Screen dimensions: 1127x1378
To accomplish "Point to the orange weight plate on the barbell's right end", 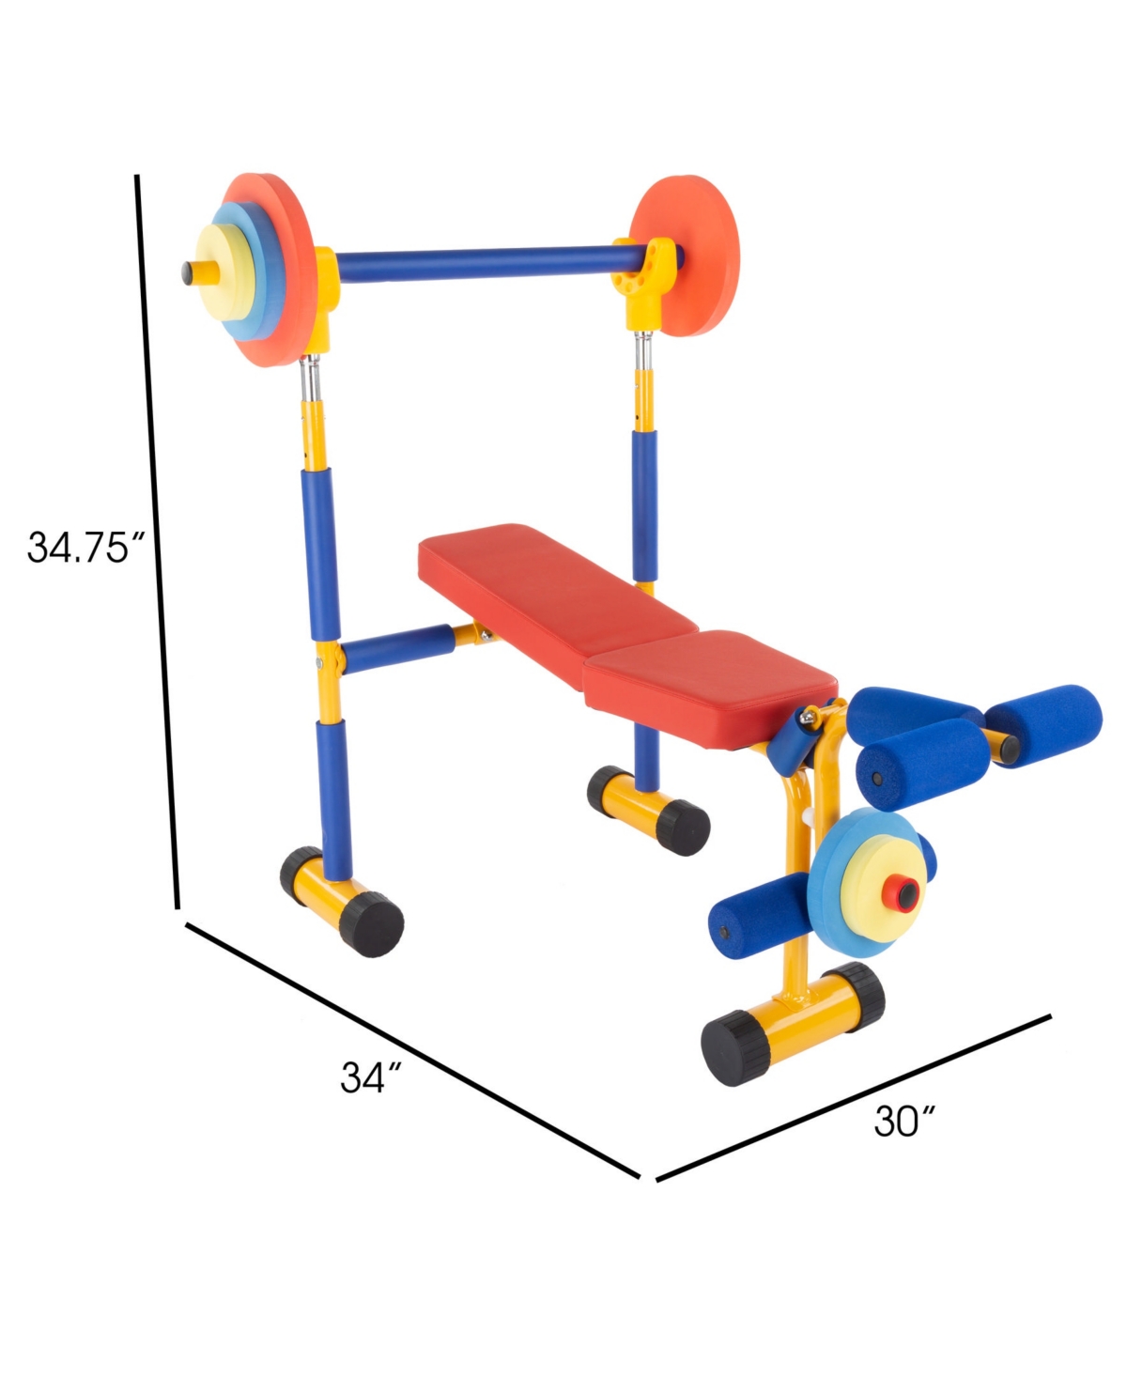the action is point(686,255).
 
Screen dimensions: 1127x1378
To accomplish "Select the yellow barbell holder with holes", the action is point(643,282).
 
